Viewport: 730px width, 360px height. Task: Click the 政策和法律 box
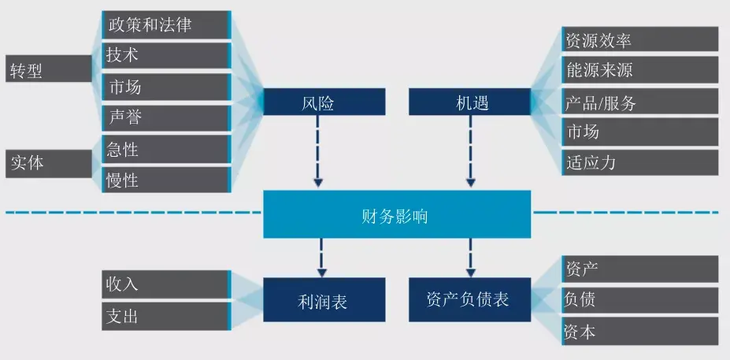[166, 24]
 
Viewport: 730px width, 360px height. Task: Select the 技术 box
[166, 55]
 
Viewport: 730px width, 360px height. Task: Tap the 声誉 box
[166, 117]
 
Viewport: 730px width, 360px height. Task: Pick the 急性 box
[166, 149]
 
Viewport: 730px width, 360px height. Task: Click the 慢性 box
[166, 180]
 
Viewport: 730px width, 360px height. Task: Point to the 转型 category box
[49, 70]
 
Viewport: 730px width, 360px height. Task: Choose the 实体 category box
[49, 163]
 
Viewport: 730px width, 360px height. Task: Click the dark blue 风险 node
[324, 102]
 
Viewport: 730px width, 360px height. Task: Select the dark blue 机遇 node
[469, 102]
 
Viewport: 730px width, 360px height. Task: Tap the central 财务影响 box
[397, 214]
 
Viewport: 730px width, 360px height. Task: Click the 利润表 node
[324, 299]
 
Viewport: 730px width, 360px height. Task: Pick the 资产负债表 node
[469, 299]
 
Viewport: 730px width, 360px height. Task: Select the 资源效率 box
[639, 39]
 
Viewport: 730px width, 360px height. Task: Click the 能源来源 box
[639, 70]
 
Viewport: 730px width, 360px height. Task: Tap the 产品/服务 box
[639, 102]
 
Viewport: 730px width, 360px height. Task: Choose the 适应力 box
[639, 163]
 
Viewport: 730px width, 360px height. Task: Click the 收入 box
[166, 284]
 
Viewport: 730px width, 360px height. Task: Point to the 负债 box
[639, 299]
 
